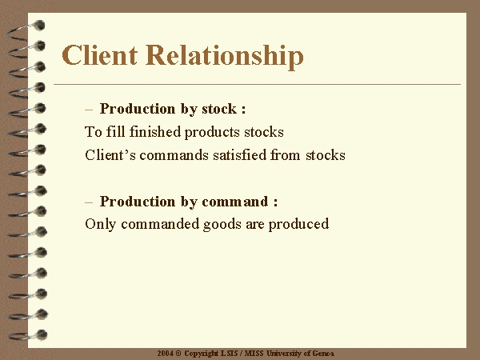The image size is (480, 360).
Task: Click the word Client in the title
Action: click(x=99, y=55)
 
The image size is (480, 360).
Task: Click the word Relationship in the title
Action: click(x=225, y=57)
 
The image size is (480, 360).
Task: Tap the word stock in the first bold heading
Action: click(x=219, y=109)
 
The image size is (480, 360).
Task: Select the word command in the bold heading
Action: click(x=234, y=202)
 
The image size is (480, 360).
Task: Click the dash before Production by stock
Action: click(x=89, y=110)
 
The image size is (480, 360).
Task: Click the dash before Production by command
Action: click(x=89, y=202)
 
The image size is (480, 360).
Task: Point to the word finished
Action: click(x=155, y=132)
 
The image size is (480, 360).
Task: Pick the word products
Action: click(x=212, y=133)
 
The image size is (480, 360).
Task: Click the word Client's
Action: click(x=110, y=155)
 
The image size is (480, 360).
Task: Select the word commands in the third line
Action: click(x=174, y=155)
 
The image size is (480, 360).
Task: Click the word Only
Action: click(x=101, y=224)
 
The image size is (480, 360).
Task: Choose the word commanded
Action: click(x=160, y=224)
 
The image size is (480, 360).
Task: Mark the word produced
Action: click(x=298, y=225)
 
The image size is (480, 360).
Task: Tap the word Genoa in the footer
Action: click(x=323, y=354)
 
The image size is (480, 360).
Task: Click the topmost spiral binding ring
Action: click(x=26, y=31)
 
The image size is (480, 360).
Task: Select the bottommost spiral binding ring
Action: click(x=28, y=335)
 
